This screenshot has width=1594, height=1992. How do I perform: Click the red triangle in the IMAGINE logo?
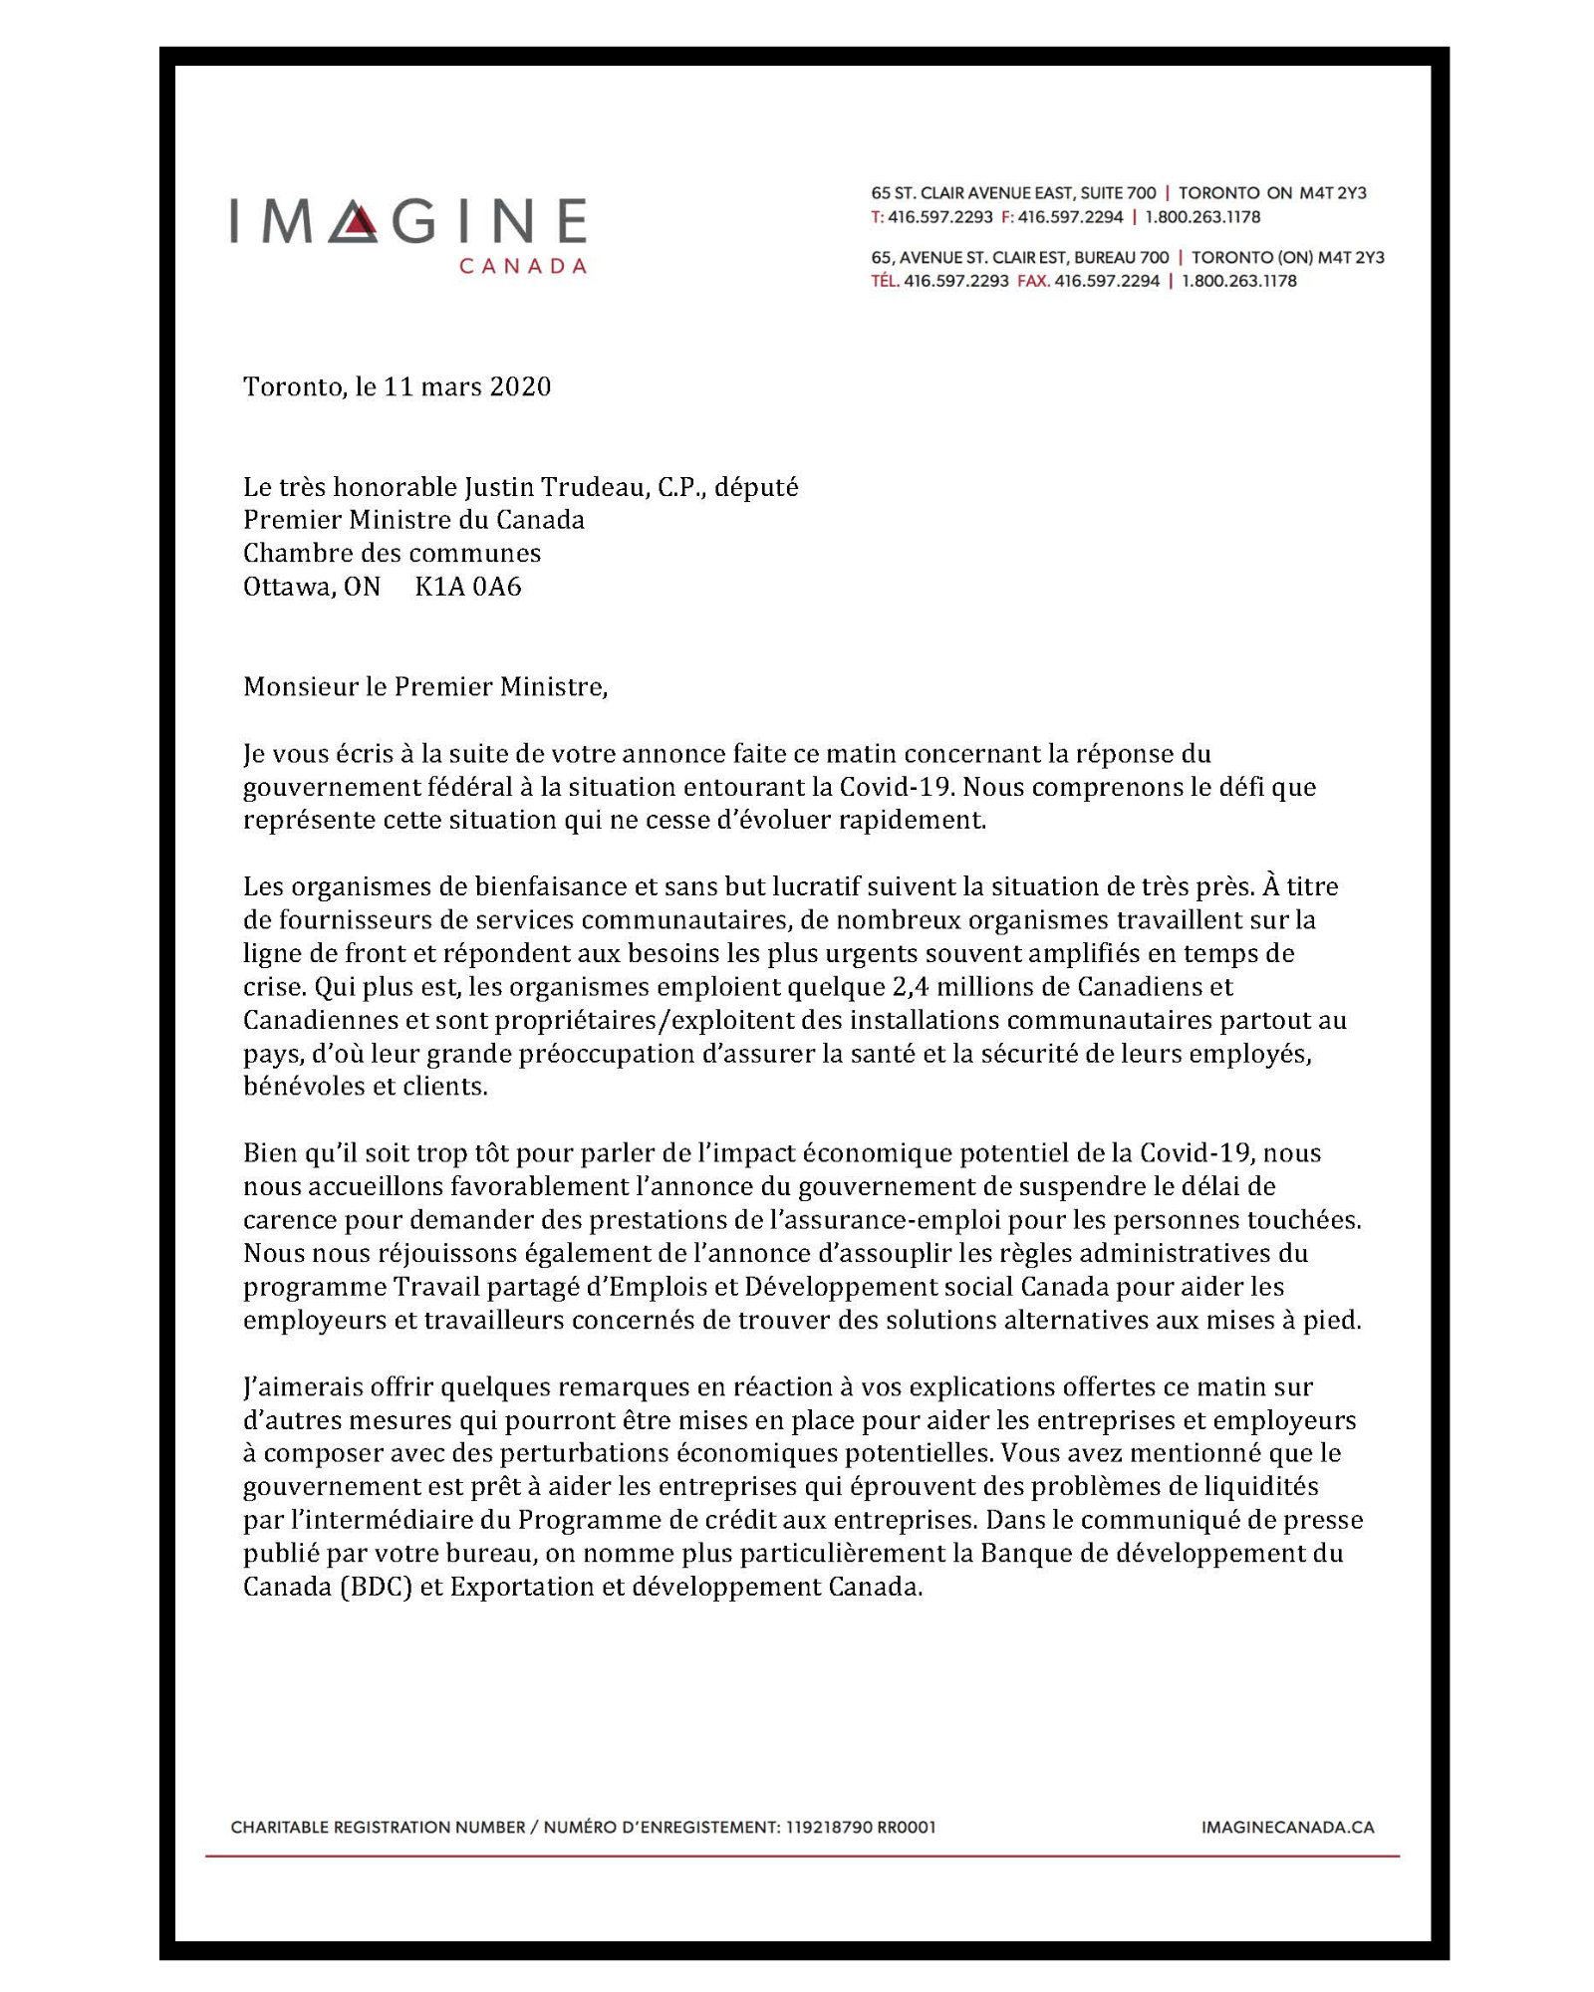click(361, 225)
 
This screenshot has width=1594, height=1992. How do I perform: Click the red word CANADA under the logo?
click(522, 266)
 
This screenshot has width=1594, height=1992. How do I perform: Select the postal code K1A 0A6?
click(467, 587)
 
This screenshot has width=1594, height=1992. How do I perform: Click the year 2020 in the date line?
click(519, 386)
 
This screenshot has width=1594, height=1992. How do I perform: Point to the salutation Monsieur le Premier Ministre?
click(424, 686)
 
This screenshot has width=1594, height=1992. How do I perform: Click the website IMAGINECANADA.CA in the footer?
click(1287, 1828)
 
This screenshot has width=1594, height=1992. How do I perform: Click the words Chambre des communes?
click(392, 553)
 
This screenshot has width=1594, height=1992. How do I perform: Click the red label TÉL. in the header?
click(885, 281)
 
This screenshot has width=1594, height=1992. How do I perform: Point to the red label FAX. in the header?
click(1032, 281)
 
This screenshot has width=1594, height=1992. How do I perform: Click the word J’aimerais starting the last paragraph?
click(302, 1386)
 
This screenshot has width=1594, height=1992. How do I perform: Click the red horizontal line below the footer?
click(802, 1857)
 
